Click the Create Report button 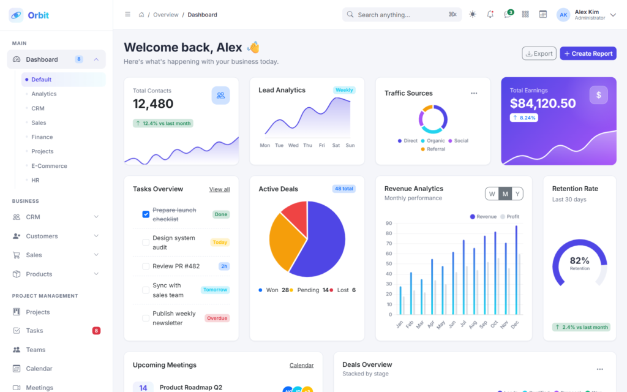pyautogui.click(x=588, y=54)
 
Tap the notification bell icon pyautogui.click(x=490, y=15)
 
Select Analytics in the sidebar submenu pyautogui.click(x=44, y=94)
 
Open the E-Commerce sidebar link pyautogui.click(x=49, y=166)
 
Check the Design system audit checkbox pyautogui.click(x=146, y=243)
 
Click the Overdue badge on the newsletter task pyautogui.click(x=217, y=318)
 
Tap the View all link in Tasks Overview pyautogui.click(x=220, y=190)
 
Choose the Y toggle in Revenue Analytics pyautogui.click(x=517, y=194)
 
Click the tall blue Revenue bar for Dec pyautogui.click(x=516, y=270)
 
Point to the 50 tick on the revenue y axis pyautogui.click(x=389, y=264)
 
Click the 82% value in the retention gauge pyautogui.click(x=579, y=261)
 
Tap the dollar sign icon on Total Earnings pyautogui.click(x=599, y=95)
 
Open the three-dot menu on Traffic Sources pyautogui.click(x=474, y=93)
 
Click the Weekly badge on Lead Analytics pyautogui.click(x=344, y=90)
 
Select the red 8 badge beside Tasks pyautogui.click(x=96, y=331)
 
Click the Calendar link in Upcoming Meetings pyautogui.click(x=301, y=366)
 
